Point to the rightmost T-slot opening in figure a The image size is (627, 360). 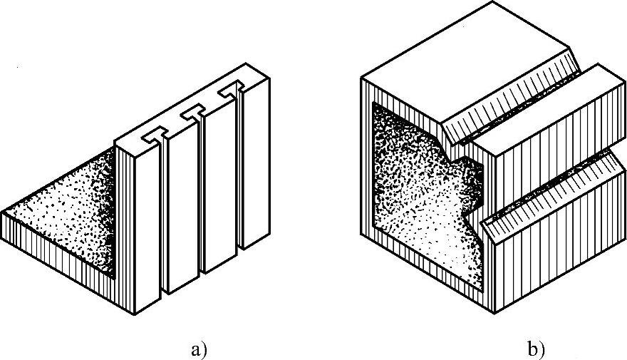231,93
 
